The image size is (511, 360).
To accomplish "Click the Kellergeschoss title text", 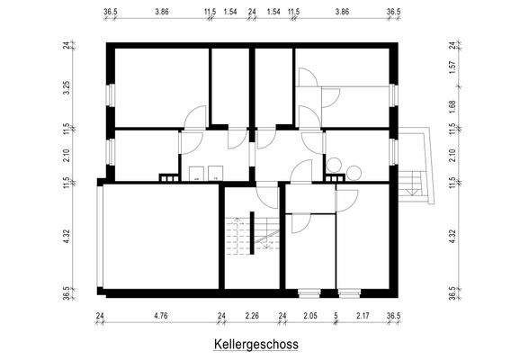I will coord(255,344).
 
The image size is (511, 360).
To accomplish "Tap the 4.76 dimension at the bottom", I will coord(162,315).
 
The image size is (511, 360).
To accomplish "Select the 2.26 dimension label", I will coord(252,315).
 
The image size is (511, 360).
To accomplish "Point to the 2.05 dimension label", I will coord(309,315).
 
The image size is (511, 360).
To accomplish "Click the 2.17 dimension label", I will coord(362,315).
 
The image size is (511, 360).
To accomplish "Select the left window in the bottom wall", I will coord(308,292).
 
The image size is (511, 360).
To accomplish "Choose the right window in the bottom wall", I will coord(349,292).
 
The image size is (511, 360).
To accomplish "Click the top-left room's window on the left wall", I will coord(110,94).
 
